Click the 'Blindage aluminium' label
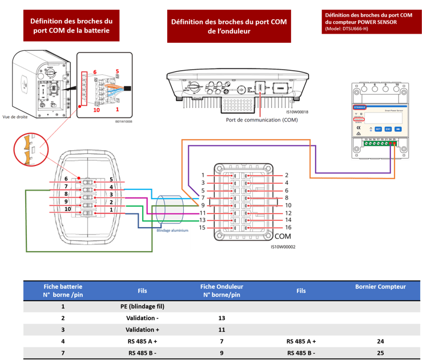pyautogui.click(x=172, y=231)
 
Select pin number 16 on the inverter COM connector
pyautogui.click(x=288, y=228)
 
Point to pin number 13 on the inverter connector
pyautogui.click(x=202, y=220)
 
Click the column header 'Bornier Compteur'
pyautogui.click(x=380, y=286)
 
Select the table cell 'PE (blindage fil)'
pyautogui.click(x=142, y=306)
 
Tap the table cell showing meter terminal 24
pyautogui.click(x=380, y=341)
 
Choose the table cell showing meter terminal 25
pyautogui.click(x=380, y=353)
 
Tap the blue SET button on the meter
pyautogui.click(x=377, y=129)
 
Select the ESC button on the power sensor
pyautogui.click(x=388, y=129)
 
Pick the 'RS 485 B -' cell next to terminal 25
pyautogui.click(x=301, y=353)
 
